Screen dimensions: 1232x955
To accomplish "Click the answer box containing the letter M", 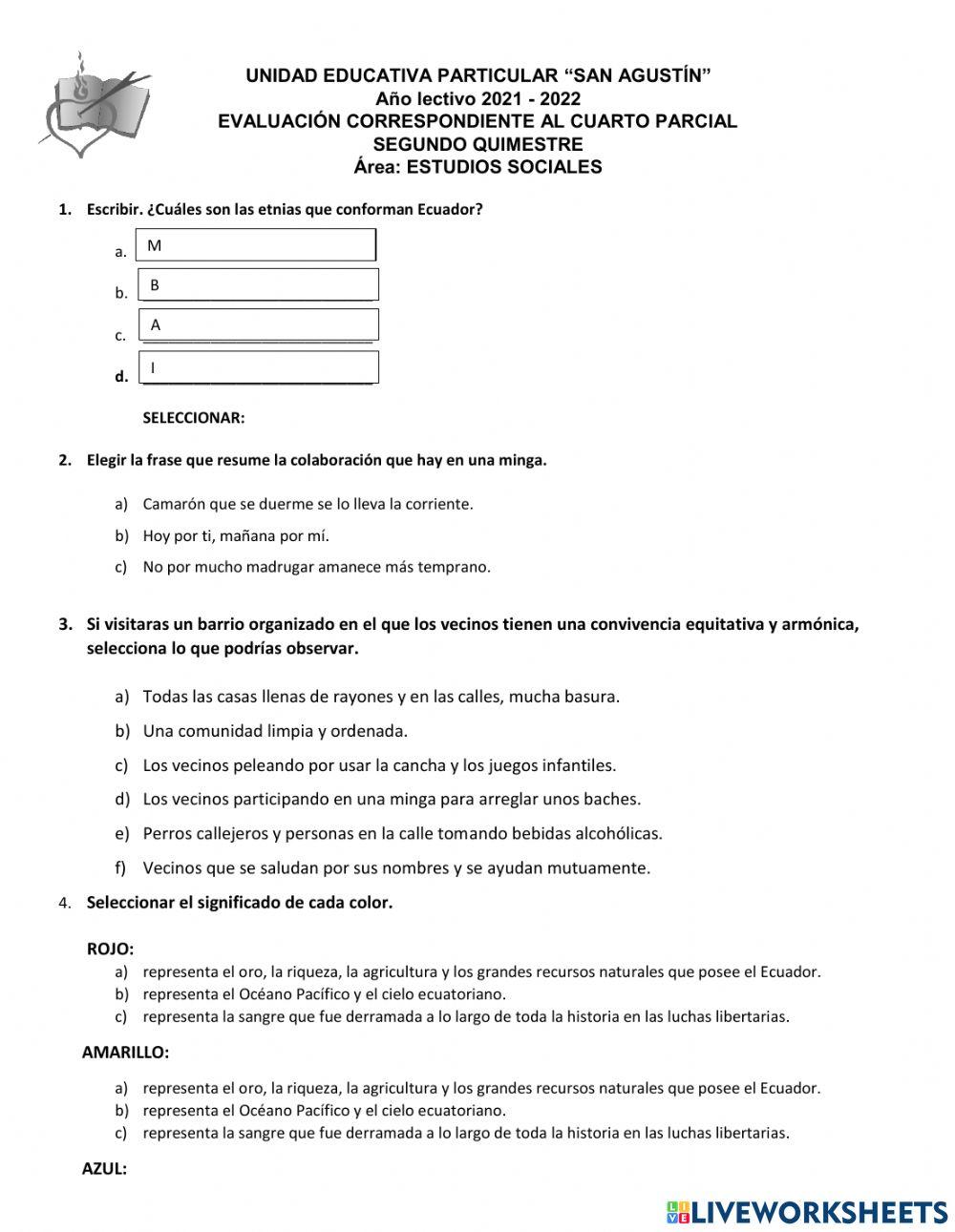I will [x=257, y=245].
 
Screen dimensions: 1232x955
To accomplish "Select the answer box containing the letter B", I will [x=259, y=285].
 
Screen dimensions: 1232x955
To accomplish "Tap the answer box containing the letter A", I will [x=259, y=324].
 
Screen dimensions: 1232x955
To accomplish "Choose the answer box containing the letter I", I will [x=259, y=367].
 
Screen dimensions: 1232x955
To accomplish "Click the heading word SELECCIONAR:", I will [x=194, y=418].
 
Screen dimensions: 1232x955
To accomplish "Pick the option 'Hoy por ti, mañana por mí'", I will [x=236, y=535].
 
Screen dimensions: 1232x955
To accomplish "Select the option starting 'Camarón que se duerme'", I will [x=308, y=504].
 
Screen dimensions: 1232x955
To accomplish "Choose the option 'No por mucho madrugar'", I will [x=316, y=567].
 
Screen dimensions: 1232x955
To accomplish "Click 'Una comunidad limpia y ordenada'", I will [x=275, y=731].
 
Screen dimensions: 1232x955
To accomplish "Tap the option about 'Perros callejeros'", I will [x=402, y=833].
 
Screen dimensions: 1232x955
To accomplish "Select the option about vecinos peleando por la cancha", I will [x=379, y=765].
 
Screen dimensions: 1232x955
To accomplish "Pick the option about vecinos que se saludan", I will [x=396, y=867].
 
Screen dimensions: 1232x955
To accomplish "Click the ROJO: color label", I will [x=110, y=949].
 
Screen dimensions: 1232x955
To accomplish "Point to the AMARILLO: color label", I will [x=125, y=1053].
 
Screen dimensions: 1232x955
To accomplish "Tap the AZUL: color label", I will [x=104, y=1169].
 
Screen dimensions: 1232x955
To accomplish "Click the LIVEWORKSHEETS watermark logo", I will [x=807, y=1212].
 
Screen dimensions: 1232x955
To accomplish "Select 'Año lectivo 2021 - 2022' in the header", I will [x=477, y=98].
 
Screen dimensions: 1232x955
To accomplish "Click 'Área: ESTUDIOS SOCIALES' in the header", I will [x=477, y=167].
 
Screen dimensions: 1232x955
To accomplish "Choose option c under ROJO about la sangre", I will [x=465, y=1016].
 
